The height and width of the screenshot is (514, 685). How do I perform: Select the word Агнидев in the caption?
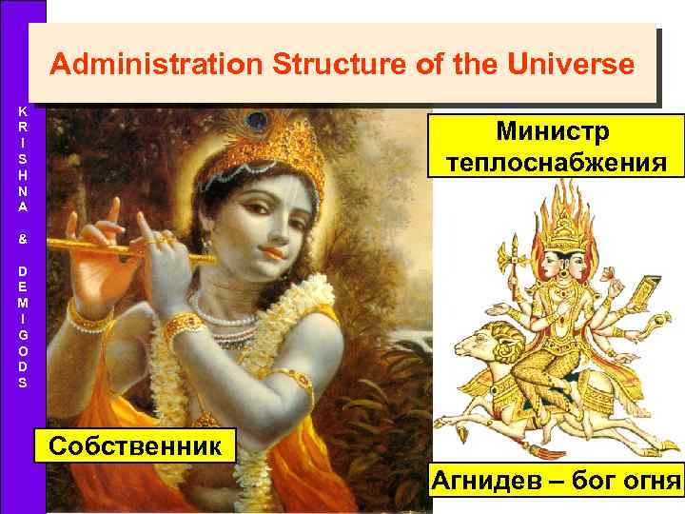[487, 479]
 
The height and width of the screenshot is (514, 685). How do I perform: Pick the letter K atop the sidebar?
[22, 110]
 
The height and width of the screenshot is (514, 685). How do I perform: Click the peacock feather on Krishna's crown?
[255, 122]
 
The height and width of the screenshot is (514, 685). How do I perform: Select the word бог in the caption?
[592, 479]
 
